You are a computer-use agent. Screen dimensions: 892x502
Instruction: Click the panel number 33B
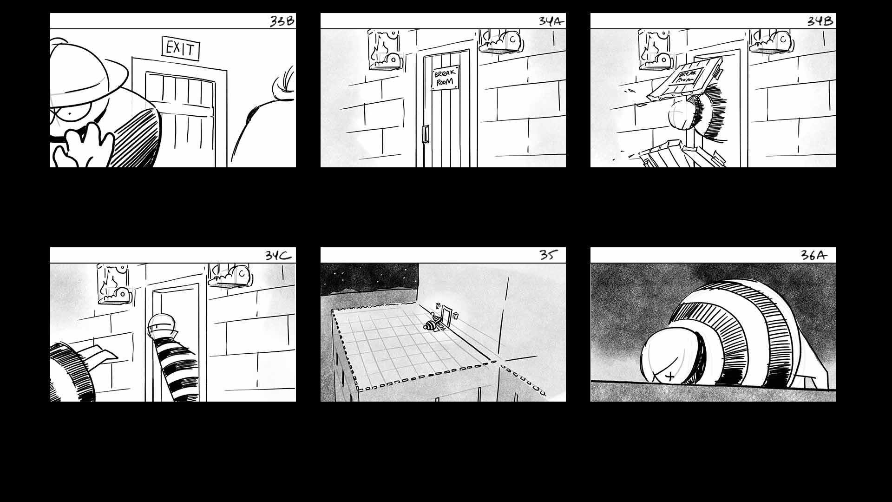click(x=282, y=21)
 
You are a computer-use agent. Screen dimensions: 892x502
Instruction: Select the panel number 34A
click(x=551, y=21)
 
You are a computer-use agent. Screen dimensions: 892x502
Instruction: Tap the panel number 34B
click(x=820, y=21)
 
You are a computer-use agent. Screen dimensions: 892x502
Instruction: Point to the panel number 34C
click(x=279, y=256)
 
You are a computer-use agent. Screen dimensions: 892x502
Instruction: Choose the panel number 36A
click(x=814, y=255)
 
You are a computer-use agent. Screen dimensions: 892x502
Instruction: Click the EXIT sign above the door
click(x=181, y=48)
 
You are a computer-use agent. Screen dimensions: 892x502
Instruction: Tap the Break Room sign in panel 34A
click(x=445, y=78)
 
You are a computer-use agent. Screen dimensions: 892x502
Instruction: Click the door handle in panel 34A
click(x=425, y=134)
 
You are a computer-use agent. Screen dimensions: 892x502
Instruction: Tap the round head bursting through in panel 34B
click(x=683, y=116)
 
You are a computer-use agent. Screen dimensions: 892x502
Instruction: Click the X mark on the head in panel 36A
click(x=670, y=376)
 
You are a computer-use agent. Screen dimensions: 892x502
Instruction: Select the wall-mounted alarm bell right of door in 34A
click(x=502, y=41)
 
